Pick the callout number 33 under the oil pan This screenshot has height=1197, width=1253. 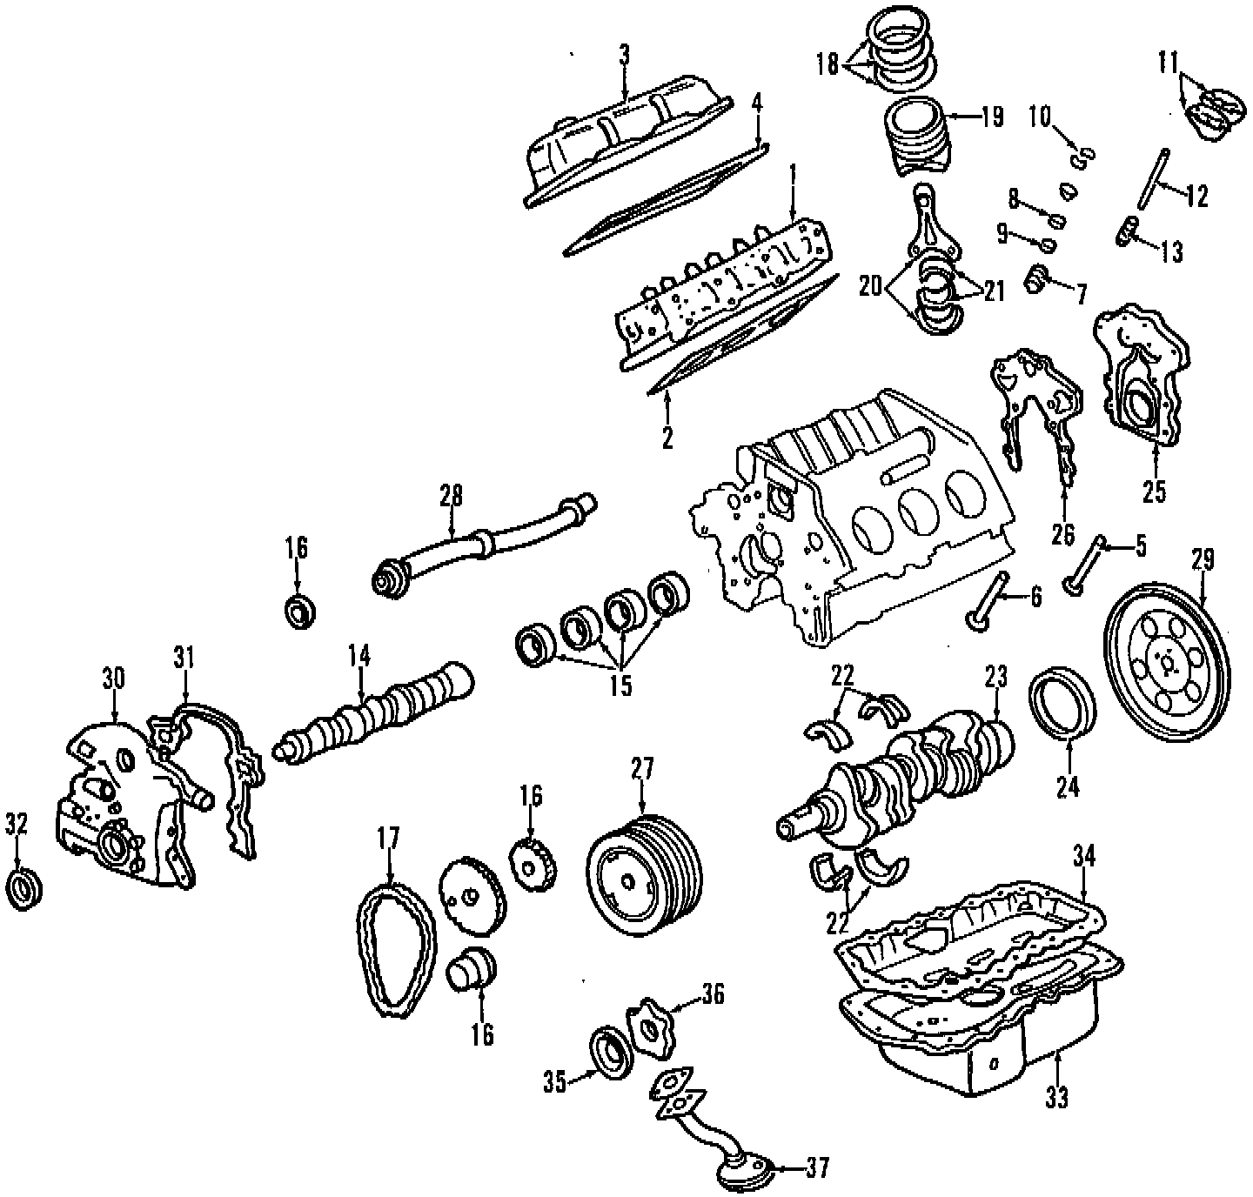(1055, 1099)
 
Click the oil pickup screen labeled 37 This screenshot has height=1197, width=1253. (745, 1170)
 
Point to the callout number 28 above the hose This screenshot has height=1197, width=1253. (451, 496)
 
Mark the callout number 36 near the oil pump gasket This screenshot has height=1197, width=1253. (713, 993)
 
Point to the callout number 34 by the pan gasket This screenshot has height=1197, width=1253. (1083, 858)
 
